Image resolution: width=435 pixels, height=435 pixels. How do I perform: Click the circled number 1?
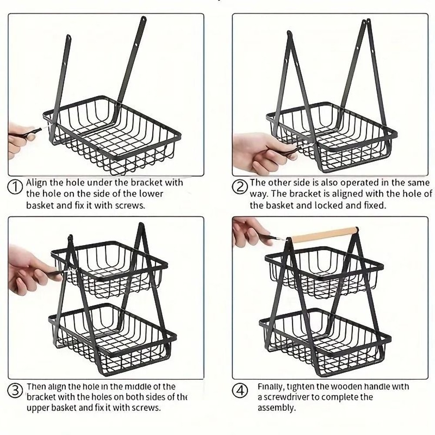[x=15, y=188]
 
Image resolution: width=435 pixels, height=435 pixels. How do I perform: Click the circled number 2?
[x=240, y=188]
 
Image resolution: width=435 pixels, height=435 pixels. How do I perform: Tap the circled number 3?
[x=16, y=390]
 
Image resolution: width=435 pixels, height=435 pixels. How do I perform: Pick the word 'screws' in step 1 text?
[x=130, y=205]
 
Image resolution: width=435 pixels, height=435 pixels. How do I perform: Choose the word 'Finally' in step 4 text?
[x=271, y=386]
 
